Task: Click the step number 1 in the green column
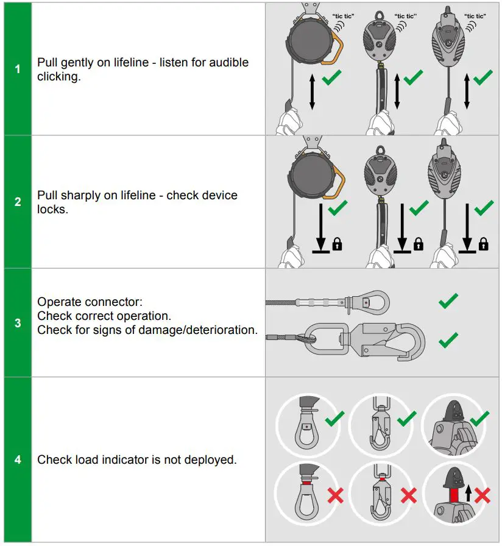(17, 69)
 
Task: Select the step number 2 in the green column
(17, 202)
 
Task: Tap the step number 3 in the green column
(17, 323)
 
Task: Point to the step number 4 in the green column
(17, 459)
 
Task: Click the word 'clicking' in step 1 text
(58, 77)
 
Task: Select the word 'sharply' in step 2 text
(82, 196)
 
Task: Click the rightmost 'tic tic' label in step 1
(475, 16)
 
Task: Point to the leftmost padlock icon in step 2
(336, 245)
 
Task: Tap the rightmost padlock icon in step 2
(483, 245)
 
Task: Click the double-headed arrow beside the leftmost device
(312, 92)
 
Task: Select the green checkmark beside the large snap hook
(448, 338)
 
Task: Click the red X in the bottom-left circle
(335, 495)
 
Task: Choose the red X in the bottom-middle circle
(408, 495)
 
